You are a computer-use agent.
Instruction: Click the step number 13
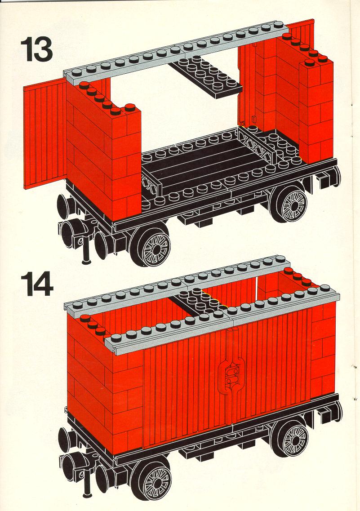click(36, 49)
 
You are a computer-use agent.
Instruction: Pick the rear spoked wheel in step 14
click(292, 436)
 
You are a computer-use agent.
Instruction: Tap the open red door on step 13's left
click(45, 133)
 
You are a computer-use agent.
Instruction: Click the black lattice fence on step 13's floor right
click(258, 145)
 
